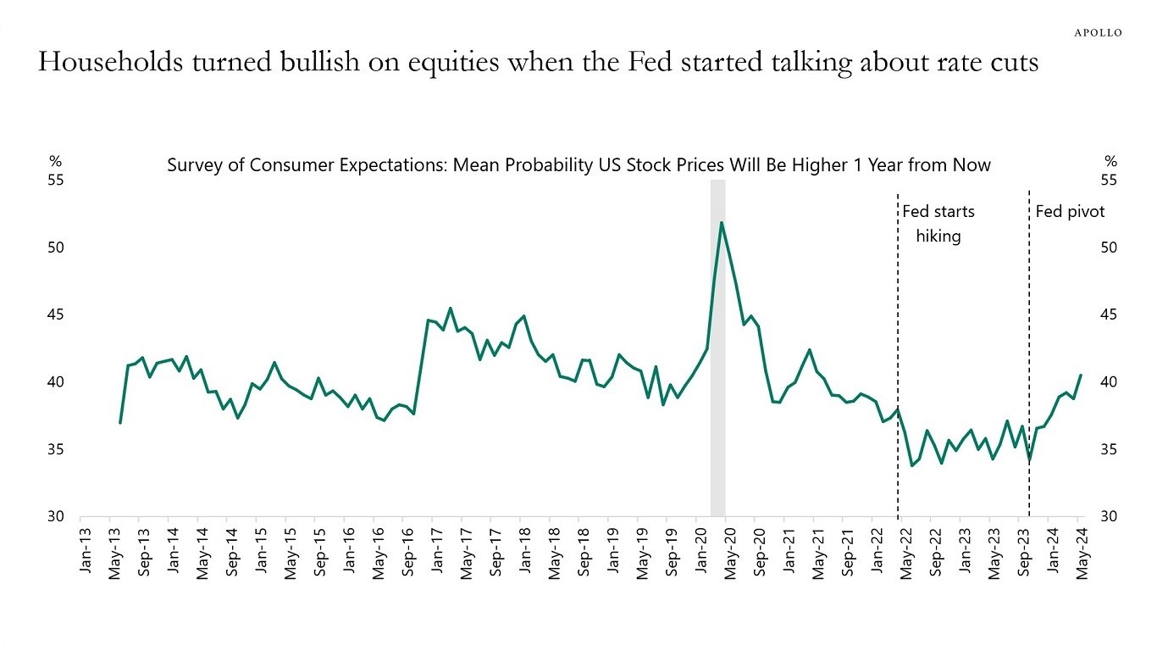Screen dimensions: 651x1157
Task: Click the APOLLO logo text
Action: click(1098, 32)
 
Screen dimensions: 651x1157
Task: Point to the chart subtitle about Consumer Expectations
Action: click(578, 164)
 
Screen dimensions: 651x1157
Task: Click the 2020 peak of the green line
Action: click(721, 223)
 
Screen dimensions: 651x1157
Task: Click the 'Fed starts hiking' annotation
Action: click(938, 224)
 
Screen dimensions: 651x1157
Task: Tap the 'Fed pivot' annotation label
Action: click(1070, 212)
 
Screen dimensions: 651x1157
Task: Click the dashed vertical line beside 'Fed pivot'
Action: click(1029, 356)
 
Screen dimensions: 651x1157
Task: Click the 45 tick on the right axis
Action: click(1110, 315)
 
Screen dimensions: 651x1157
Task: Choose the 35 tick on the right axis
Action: click(1110, 450)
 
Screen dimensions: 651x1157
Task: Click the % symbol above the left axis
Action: click(55, 161)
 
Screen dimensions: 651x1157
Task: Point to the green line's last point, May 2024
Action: click(1081, 375)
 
